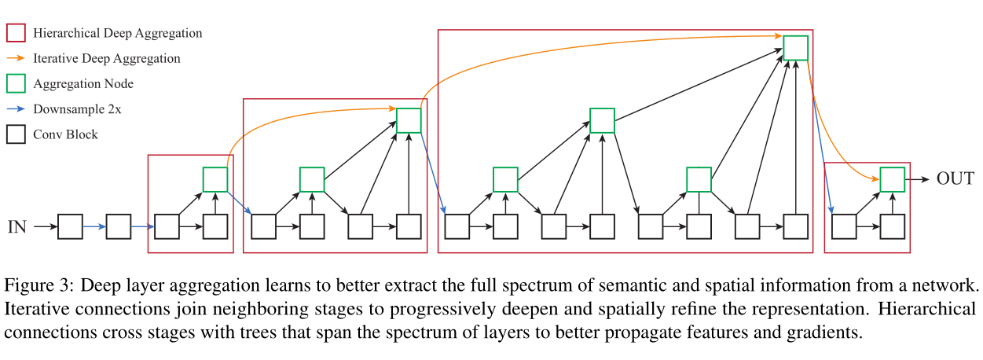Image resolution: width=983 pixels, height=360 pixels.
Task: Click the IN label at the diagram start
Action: pos(17,227)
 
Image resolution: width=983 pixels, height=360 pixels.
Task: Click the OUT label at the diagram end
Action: pos(955,179)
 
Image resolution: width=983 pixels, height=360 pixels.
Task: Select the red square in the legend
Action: pos(17,33)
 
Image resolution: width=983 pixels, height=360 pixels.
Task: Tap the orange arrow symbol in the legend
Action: pos(17,58)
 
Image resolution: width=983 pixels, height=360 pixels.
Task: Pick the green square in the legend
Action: pos(17,83)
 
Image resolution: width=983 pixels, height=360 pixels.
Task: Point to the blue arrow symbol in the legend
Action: pos(17,109)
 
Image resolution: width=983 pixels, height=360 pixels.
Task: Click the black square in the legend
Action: pos(17,134)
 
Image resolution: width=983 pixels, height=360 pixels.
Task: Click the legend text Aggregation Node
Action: pos(83,83)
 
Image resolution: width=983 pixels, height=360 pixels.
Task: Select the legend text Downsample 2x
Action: pos(77,109)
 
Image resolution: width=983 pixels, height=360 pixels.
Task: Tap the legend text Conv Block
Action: pos(66,134)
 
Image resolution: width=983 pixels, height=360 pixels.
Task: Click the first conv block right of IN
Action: pos(70,227)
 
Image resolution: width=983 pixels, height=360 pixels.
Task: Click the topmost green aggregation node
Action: pos(795,48)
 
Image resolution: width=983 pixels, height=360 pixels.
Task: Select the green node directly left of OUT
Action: pos(892,180)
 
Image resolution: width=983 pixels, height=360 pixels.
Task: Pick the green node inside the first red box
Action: pos(215,180)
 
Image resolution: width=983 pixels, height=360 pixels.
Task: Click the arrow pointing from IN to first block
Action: pos(46,227)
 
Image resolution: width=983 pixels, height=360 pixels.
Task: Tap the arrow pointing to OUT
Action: pos(917,180)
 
